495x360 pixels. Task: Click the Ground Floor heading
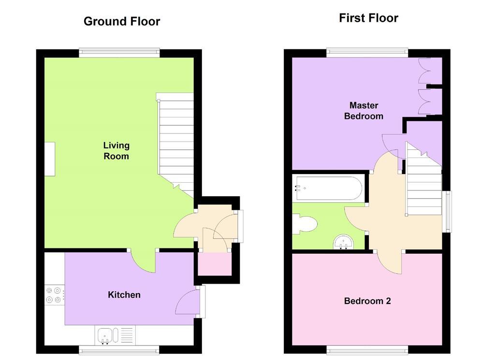(121, 21)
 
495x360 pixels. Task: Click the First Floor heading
(368, 18)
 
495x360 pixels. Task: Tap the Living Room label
(116, 151)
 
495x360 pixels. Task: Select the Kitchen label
(124, 295)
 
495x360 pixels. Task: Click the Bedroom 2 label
(367, 301)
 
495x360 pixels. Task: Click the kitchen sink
(105, 335)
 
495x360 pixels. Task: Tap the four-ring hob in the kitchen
(53, 295)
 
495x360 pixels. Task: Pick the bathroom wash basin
(344, 242)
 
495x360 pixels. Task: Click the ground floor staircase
(176, 140)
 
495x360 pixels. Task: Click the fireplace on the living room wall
(50, 159)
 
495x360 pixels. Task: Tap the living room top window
(119, 53)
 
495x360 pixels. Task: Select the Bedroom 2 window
(367, 349)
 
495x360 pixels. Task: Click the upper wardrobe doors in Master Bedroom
(424, 71)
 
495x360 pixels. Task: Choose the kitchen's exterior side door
(189, 302)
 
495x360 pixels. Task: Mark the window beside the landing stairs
(447, 211)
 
